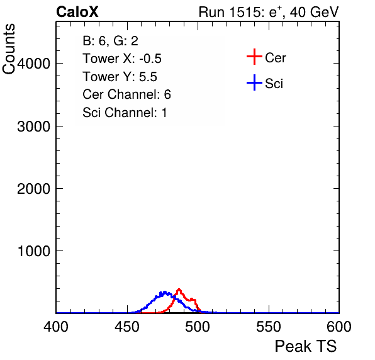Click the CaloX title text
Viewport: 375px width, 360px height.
point(77,12)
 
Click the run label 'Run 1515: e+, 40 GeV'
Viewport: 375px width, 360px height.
point(269,12)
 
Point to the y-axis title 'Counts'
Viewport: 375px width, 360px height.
point(9,49)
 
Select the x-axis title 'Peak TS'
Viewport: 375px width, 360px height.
point(306,346)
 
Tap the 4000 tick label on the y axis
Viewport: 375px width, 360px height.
point(33,64)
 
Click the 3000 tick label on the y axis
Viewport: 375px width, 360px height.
point(33,127)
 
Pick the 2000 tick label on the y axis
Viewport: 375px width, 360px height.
point(33,189)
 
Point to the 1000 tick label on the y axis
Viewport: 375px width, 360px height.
point(34,251)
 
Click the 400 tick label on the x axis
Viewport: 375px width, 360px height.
point(56,327)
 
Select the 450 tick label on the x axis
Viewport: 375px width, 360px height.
point(126,327)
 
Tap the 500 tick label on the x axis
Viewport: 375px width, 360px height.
point(198,327)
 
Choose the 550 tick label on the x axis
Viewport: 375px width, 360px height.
point(268,327)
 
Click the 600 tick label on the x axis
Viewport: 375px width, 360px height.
point(339,327)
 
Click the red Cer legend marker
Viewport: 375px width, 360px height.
point(254,57)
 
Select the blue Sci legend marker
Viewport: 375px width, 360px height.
point(254,82)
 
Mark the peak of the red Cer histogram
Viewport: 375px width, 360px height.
point(179,290)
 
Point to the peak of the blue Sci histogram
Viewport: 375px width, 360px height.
point(164,292)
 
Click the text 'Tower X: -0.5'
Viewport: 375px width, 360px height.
point(122,59)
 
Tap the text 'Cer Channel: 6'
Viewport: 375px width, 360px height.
point(126,94)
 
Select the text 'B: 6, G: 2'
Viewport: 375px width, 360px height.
point(111,41)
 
